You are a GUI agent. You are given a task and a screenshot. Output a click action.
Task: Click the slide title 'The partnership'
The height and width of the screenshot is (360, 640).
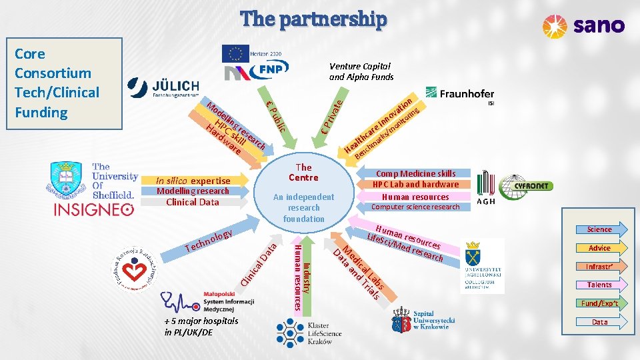(x=313, y=19)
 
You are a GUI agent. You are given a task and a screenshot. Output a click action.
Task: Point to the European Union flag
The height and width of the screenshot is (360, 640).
(x=234, y=53)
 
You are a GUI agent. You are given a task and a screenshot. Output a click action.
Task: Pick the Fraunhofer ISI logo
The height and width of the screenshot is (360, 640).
(x=460, y=95)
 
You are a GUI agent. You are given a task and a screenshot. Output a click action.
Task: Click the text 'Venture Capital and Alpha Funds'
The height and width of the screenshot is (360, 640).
(x=360, y=71)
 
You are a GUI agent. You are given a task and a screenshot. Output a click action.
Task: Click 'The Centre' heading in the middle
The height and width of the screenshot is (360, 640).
(x=303, y=173)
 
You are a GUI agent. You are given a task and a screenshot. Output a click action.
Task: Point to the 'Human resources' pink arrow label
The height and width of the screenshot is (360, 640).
(x=415, y=197)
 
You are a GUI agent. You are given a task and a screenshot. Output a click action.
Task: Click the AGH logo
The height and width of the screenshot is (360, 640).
(x=486, y=187)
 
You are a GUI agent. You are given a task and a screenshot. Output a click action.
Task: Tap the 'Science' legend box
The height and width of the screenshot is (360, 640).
(x=599, y=229)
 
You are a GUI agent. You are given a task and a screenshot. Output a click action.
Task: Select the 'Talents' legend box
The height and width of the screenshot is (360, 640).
(x=599, y=285)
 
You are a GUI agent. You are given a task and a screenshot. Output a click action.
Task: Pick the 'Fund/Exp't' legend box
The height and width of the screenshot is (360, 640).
(x=599, y=303)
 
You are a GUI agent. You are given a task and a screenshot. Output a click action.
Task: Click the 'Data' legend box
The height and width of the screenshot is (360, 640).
(x=599, y=322)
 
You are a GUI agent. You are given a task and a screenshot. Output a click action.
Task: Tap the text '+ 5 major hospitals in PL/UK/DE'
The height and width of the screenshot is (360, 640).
(x=201, y=326)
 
